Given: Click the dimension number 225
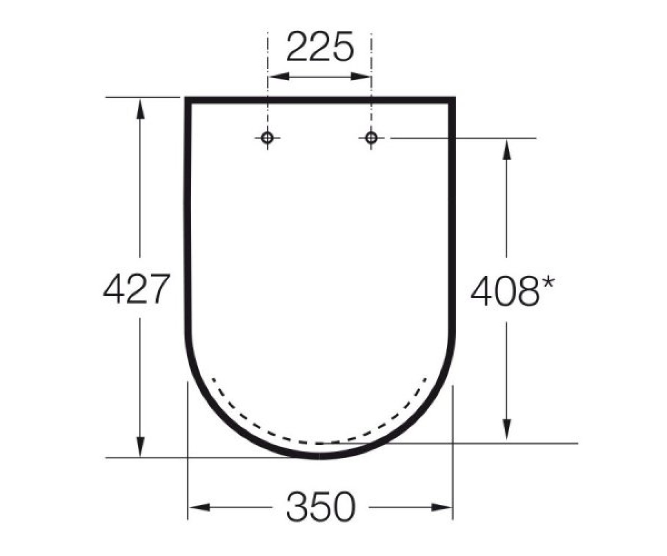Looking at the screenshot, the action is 320,47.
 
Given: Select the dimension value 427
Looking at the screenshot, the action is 136,289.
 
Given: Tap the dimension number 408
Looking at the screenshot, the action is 505,291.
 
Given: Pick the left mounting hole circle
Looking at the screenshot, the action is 267,138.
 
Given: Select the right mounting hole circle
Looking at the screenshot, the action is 371,138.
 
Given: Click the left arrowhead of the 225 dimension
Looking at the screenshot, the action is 279,77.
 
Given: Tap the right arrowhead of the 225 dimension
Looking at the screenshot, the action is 361,77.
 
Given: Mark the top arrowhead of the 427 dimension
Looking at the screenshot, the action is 140,108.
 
